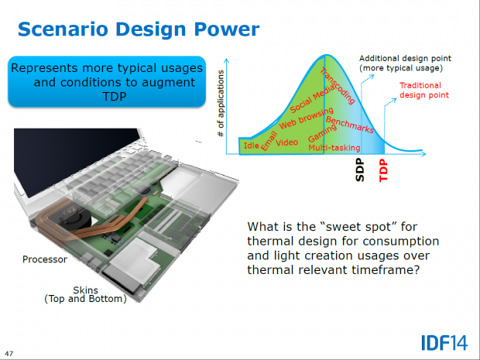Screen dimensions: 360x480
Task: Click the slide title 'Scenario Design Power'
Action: tap(138, 29)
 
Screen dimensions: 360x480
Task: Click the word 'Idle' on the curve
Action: tap(251, 146)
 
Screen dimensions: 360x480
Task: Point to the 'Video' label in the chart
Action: tap(286, 143)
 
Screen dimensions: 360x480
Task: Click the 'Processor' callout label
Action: tap(44, 260)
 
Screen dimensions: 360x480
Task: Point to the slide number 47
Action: tap(9, 354)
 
